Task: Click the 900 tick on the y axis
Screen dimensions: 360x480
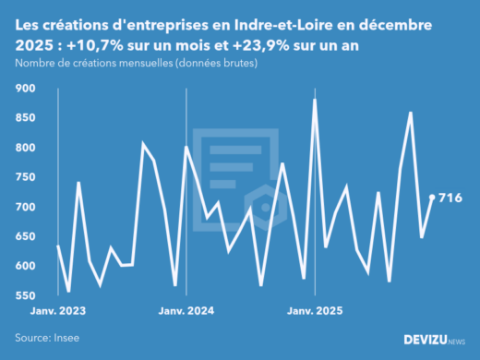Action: point(26,89)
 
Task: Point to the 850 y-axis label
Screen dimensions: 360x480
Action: point(26,118)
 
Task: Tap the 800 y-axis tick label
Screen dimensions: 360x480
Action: point(26,148)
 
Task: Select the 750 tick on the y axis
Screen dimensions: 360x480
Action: point(26,177)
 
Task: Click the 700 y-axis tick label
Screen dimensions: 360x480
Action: point(26,207)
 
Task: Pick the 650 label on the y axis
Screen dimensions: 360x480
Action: point(26,236)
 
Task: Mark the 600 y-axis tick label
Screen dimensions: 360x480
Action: point(26,266)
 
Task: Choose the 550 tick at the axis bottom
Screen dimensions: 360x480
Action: point(26,295)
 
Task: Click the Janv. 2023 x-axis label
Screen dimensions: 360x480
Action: point(59,312)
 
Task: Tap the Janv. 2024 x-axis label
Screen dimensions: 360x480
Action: point(187,312)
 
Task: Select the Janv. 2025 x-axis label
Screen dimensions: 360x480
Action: point(316,312)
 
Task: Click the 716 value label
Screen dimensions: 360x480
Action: point(450,198)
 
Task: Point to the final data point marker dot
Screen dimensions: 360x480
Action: point(432,198)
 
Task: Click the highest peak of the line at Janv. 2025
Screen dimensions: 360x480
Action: point(315,100)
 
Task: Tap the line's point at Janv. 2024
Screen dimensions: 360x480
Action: point(186,147)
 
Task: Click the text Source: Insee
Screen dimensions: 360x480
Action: point(47,339)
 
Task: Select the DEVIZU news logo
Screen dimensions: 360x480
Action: point(435,340)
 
